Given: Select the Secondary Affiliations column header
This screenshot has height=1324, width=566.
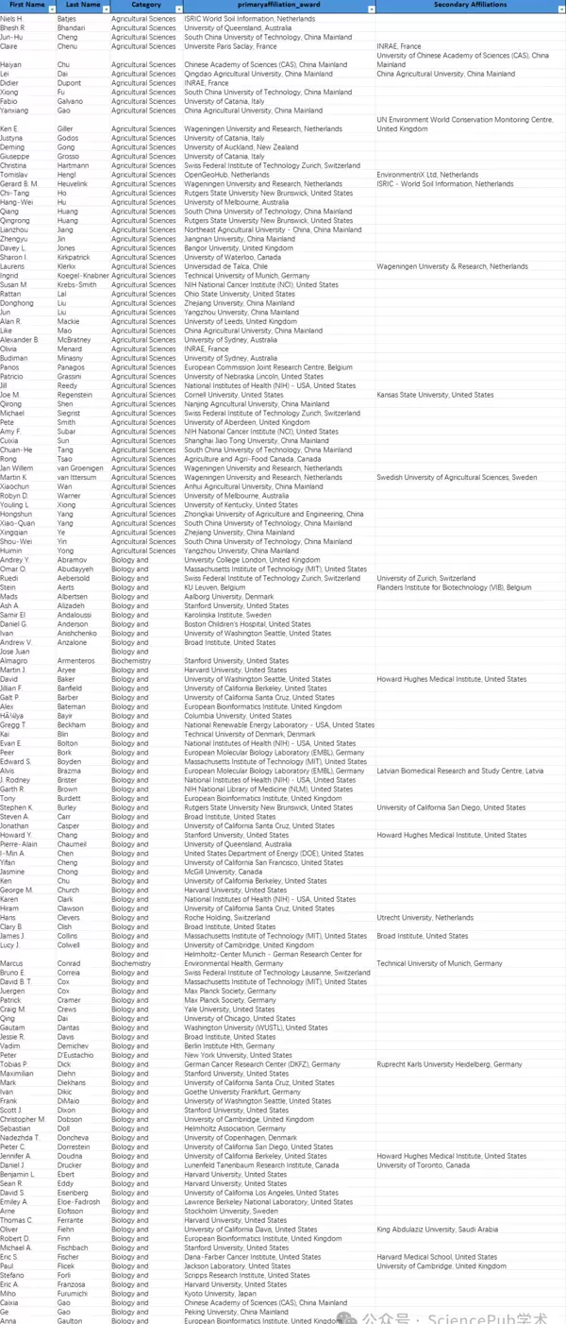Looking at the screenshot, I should (470, 6).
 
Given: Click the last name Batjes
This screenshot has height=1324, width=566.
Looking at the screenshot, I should (67, 18).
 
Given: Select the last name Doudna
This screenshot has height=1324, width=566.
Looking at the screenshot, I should (71, 1156).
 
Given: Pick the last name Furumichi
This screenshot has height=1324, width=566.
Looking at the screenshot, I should (75, 1294).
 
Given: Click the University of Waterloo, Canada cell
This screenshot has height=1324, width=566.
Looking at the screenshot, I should (233, 257).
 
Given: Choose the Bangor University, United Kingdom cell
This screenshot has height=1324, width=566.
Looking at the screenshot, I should (239, 248).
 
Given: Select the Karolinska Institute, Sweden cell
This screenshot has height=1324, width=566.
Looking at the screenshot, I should (227, 615).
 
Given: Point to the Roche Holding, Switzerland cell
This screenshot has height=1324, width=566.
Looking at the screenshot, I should (226, 918).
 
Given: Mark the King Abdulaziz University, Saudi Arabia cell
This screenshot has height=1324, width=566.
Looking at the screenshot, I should (437, 1230).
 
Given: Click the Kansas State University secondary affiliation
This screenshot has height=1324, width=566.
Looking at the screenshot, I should (435, 395).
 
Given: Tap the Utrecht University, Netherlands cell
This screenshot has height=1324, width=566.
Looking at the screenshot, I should (424, 918).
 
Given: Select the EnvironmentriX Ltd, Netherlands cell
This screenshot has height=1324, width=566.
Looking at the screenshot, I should (427, 175).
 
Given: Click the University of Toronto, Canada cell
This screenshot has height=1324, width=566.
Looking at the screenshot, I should (423, 1165).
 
